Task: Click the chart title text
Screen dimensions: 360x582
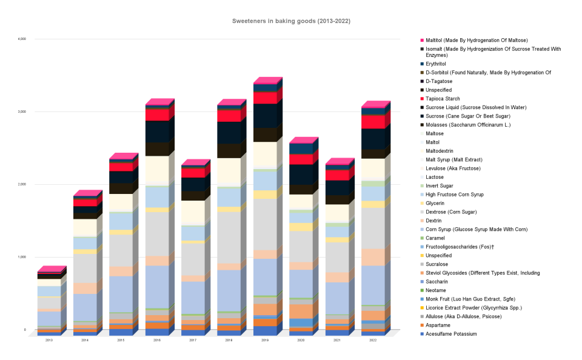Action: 291,21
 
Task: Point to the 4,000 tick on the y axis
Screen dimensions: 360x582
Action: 22,39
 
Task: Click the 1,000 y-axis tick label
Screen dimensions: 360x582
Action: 22,257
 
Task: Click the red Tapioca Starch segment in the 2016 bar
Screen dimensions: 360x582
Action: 157,115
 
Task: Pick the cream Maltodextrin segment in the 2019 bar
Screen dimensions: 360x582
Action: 264,154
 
